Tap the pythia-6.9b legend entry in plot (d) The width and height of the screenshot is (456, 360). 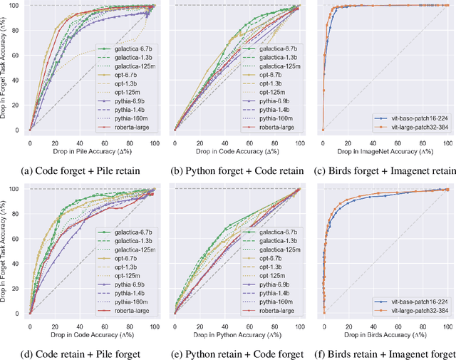tap(130, 282)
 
